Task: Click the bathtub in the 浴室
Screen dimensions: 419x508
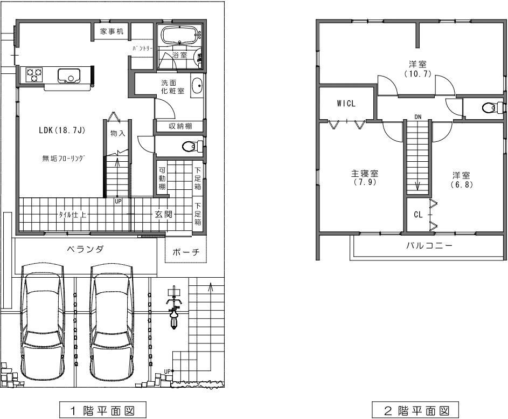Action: click(x=180, y=36)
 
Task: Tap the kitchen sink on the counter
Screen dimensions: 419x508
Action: click(x=68, y=75)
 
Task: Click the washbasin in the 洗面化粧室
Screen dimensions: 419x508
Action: click(x=197, y=85)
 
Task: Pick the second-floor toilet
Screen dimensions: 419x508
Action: click(x=491, y=108)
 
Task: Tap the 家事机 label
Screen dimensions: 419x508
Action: click(x=112, y=32)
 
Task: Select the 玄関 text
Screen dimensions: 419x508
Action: click(x=164, y=214)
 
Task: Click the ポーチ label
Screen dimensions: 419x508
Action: click(x=185, y=252)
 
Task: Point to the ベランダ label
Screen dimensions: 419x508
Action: click(x=85, y=249)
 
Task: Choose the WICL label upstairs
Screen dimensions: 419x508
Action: click(x=346, y=104)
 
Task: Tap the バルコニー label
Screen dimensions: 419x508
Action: click(x=428, y=245)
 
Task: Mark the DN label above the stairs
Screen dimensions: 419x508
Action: click(x=417, y=116)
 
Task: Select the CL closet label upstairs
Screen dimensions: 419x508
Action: click(x=418, y=214)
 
